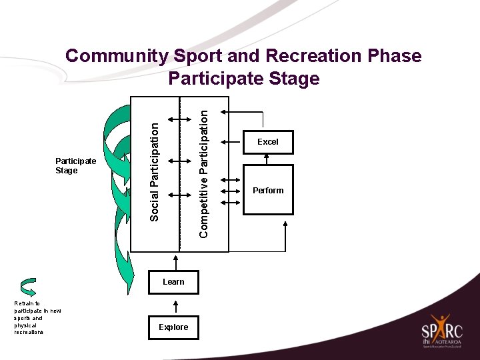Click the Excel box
pyautogui.click(x=267, y=142)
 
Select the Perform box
pyautogui.click(x=267, y=190)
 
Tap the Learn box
pyautogui.click(x=173, y=282)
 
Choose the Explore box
pyautogui.click(x=173, y=327)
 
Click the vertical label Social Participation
pyautogui.click(x=155, y=171)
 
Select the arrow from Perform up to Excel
pyautogui.click(x=267, y=159)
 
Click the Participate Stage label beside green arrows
pyautogui.click(x=75, y=166)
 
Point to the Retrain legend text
pyautogui.click(x=29, y=317)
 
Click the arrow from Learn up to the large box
pyautogui.click(x=179, y=261)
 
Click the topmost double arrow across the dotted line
pyautogui.click(x=179, y=119)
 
